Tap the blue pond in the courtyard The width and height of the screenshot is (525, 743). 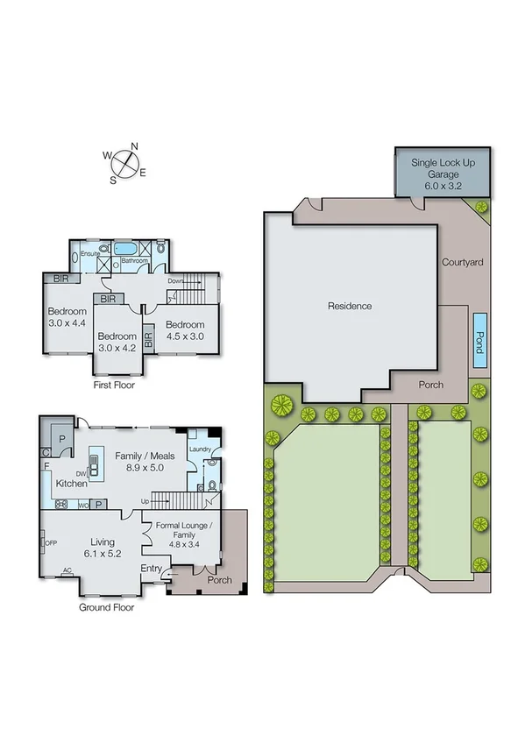point(479,337)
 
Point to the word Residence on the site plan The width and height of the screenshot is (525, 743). point(350,306)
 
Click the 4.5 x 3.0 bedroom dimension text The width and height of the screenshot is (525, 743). point(185,336)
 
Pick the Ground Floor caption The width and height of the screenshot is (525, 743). point(106,606)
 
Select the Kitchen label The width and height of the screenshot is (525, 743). point(72,483)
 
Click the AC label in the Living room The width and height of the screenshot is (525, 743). point(67,570)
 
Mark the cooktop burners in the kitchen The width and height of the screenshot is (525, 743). point(63,505)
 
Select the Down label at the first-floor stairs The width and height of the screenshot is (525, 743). point(175,280)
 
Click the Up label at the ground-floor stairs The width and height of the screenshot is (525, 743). point(145,501)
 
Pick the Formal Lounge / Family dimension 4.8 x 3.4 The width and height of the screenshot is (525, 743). point(185,542)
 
